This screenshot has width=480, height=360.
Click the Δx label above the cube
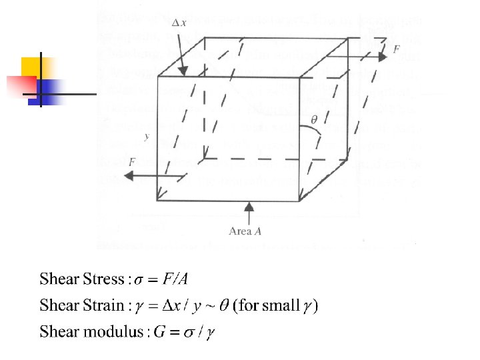pyautogui.click(x=179, y=24)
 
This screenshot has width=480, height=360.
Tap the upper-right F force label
pyautogui.click(x=397, y=49)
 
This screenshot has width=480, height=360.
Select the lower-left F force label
pyautogui.click(x=133, y=162)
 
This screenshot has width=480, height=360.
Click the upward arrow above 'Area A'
pyautogui.click(x=249, y=213)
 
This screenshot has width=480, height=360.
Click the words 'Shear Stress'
pyautogui.click(x=82, y=279)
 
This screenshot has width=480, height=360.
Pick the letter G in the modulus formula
pyautogui.click(x=159, y=331)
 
